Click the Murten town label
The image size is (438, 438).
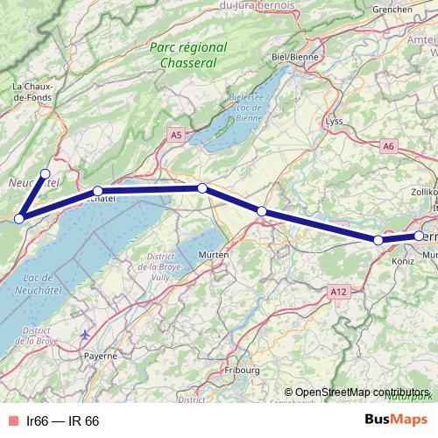pos(214,254)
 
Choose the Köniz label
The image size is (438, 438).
pos(404,261)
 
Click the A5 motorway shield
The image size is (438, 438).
pos(176,135)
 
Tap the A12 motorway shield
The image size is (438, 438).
pos(339,289)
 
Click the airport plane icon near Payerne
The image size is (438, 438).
pos(84,334)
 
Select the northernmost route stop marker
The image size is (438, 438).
pos(46,173)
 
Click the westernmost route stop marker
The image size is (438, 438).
pos(18,218)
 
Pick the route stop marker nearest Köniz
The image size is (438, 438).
pos(378,240)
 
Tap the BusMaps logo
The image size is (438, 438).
pos(396,420)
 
